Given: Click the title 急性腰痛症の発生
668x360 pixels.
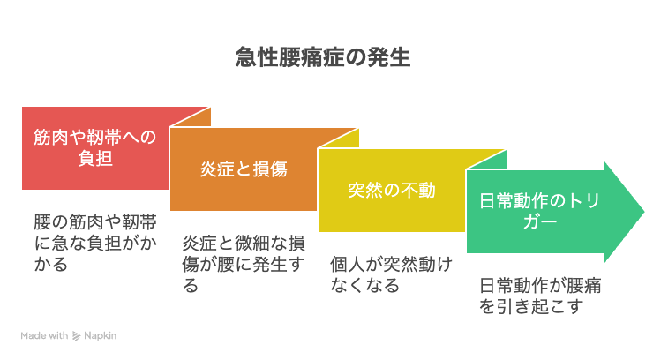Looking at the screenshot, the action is point(323,57).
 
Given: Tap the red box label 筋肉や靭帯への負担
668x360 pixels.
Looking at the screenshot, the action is point(95,147).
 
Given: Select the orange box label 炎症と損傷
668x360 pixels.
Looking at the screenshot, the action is point(244,169).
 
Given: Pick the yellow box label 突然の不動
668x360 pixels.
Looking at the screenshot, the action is point(392,190).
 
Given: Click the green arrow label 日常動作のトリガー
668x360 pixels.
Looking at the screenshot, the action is point(540,211).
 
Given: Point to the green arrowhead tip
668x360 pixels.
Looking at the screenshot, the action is point(644,211).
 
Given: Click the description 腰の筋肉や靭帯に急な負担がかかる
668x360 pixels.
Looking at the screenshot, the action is point(95,243).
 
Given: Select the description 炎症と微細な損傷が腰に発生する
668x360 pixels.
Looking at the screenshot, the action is point(244,264).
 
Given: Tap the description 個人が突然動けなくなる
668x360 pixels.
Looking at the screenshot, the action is point(392,274).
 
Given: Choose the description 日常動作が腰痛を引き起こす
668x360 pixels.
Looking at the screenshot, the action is point(540,296).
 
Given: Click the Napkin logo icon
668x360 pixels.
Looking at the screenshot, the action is point(76,336).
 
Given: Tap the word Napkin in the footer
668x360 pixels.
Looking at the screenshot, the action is point(100,335).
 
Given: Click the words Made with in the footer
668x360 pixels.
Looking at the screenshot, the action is point(44,335).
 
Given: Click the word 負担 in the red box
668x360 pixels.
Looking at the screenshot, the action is point(95,158).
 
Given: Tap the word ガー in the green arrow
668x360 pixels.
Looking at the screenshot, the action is point(540,222).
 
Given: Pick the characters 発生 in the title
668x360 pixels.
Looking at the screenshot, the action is point(388,57).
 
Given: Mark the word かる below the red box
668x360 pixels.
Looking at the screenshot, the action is point(50,264).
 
